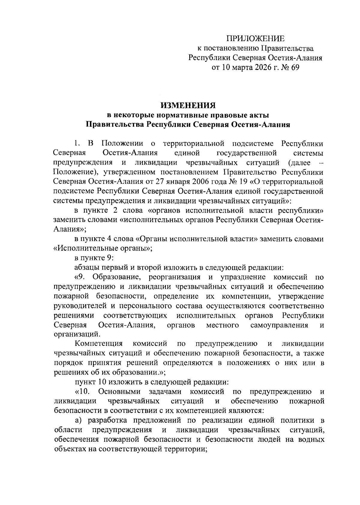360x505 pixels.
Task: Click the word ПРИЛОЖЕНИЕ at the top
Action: tap(255, 38)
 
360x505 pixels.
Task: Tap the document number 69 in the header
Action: tap(294, 67)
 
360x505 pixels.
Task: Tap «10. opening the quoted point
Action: tap(83, 392)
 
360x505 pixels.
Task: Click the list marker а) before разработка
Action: tap(79, 420)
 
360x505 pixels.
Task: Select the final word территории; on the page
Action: tap(181, 449)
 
